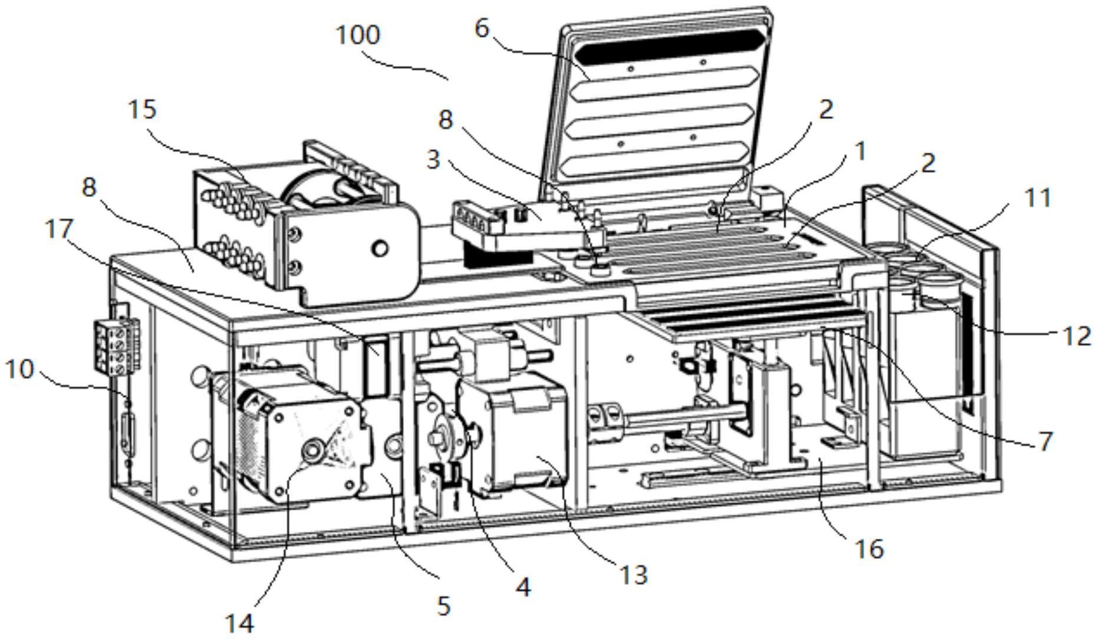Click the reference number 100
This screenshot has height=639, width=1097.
(x=358, y=35)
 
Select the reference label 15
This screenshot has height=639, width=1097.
(x=142, y=110)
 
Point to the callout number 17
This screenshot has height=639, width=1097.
(x=59, y=230)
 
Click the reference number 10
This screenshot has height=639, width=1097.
(x=19, y=370)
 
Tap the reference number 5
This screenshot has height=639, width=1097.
(x=444, y=605)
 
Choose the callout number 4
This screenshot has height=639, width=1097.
(x=523, y=587)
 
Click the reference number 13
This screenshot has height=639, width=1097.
(x=634, y=575)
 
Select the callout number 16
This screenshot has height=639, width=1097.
(x=869, y=549)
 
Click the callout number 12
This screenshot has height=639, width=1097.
(x=1077, y=336)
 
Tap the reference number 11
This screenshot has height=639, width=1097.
(x=1039, y=198)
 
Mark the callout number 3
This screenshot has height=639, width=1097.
(x=433, y=160)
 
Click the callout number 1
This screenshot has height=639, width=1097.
(x=861, y=151)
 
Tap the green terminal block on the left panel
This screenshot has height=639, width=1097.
(x=117, y=347)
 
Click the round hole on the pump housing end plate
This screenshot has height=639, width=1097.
(x=380, y=248)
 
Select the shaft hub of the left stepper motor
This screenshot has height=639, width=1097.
(x=311, y=450)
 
